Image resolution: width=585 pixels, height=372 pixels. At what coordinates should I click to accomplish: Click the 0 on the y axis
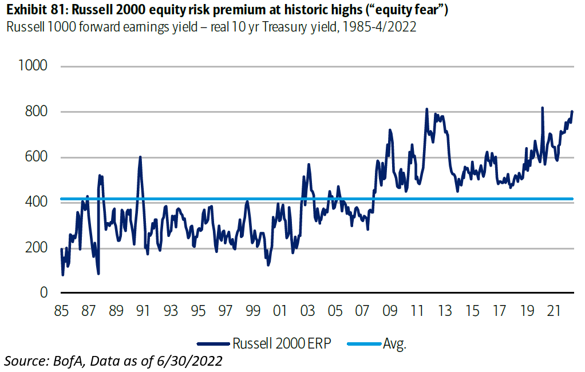[42, 293]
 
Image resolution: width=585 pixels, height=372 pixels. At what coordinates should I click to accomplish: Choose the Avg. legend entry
[396, 343]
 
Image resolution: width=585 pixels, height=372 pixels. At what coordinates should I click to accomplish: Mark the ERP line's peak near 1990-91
[140, 157]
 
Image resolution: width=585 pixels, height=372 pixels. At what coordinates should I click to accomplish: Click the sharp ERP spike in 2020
[542, 108]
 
